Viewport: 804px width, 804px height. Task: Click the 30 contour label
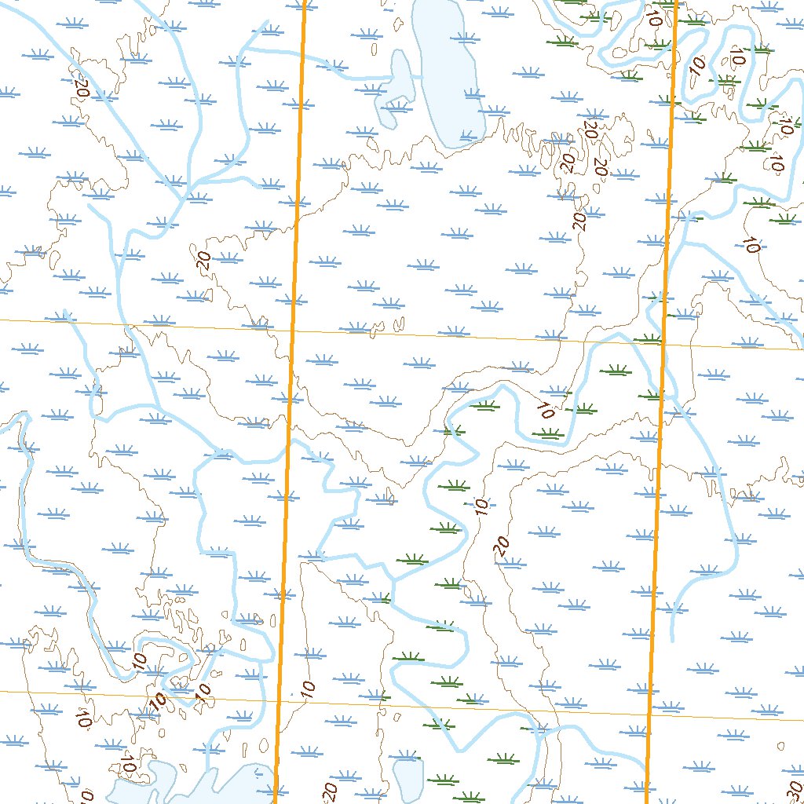(794, 788)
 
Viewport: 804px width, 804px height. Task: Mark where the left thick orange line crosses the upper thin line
(293, 330)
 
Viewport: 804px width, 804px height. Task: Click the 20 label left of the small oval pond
(330, 790)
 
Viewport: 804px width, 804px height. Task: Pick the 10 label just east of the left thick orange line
(307, 690)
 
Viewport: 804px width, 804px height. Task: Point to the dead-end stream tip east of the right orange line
(674, 639)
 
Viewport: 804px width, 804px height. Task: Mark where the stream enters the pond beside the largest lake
(389, 79)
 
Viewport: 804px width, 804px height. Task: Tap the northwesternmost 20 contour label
(80, 87)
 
